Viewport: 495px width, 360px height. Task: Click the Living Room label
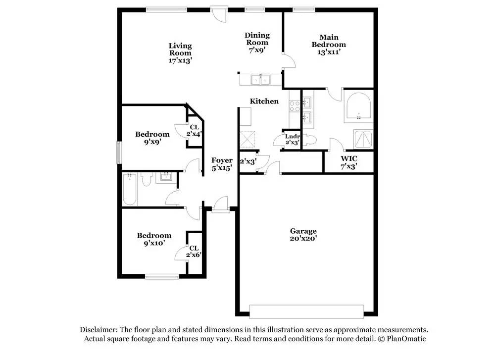180,52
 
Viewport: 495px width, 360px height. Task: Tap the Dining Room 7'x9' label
257,42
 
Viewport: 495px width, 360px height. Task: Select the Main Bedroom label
328,44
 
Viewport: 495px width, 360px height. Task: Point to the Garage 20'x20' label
303,234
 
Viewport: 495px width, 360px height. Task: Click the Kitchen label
264,101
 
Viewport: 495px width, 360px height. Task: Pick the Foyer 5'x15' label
221,164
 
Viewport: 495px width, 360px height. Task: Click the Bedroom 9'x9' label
152,138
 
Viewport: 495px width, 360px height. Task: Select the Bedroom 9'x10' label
154,239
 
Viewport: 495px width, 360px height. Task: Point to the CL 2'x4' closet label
194,130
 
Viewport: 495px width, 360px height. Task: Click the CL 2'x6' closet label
194,252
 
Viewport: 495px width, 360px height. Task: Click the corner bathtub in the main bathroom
357,107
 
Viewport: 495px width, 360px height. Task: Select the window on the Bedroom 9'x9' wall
119,152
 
